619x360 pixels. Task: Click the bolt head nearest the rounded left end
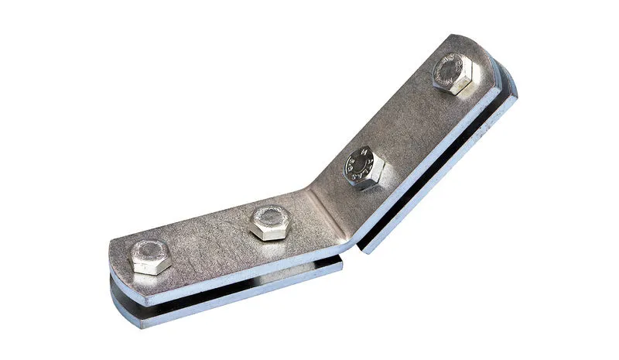(x=150, y=256)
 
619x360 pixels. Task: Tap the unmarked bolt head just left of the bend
(x=269, y=222)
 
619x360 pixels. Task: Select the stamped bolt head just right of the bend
(x=363, y=166)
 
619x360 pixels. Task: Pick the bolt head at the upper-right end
(x=453, y=74)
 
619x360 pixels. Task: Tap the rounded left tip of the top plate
(x=112, y=255)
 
